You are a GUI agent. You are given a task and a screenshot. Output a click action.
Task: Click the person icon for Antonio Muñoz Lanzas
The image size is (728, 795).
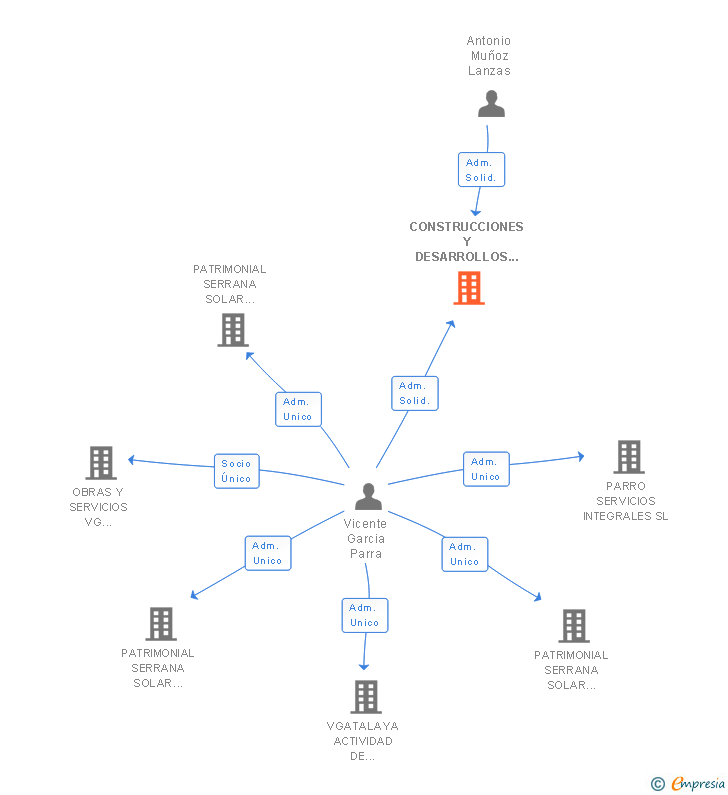pyautogui.click(x=491, y=104)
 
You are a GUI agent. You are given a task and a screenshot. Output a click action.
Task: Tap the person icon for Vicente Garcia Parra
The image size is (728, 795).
pyautogui.click(x=369, y=496)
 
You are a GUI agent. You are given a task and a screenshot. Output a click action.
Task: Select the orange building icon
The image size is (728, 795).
pyautogui.click(x=469, y=288)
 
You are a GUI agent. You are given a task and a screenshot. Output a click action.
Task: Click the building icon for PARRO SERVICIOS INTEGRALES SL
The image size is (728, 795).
pyautogui.click(x=629, y=456)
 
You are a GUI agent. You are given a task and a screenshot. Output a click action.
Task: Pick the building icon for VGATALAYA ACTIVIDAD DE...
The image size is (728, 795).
pyautogui.click(x=366, y=697)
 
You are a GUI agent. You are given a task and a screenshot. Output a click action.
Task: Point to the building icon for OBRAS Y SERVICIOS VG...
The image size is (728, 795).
pyautogui.click(x=101, y=463)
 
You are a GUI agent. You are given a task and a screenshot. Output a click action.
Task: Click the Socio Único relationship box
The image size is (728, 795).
pyautogui.click(x=237, y=471)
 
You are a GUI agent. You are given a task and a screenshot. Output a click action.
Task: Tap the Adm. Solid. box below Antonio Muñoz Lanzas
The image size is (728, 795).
pyautogui.click(x=482, y=169)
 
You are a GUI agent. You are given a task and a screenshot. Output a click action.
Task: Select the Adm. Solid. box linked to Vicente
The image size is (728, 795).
pyautogui.click(x=415, y=393)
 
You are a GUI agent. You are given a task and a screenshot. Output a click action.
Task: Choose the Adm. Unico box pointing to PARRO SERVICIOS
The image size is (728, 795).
pyautogui.click(x=486, y=469)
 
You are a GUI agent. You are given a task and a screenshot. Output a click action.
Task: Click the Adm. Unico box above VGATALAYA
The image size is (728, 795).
pyautogui.click(x=365, y=615)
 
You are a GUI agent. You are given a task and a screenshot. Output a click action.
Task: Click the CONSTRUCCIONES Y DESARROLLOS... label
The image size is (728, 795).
pyautogui.click(x=466, y=241)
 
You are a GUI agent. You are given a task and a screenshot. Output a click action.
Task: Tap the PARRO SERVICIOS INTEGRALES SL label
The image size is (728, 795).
pyautogui.click(x=626, y=501)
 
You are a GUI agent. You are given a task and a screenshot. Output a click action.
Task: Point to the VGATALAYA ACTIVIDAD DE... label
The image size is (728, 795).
pyautogui.click(x=362, y=741)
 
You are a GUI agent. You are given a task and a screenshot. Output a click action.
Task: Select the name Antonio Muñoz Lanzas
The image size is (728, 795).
pyautogui.click(x=489, y=56)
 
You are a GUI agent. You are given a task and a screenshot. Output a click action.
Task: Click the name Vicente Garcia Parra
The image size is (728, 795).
pyautogui.click(x=366, y=538)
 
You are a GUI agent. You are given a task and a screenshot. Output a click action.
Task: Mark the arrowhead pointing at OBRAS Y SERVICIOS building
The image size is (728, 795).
pyautogui.click(x=131, y=460)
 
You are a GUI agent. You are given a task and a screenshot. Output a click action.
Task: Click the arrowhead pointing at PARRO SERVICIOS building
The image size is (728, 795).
pyautogui.click(x=581, y=456)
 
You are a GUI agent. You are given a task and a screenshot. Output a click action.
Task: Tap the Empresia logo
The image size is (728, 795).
pyautogui.click(x=698, y=783)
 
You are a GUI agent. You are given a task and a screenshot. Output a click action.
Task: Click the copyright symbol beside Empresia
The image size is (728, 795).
pyautogui.click(x=658, y=784)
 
